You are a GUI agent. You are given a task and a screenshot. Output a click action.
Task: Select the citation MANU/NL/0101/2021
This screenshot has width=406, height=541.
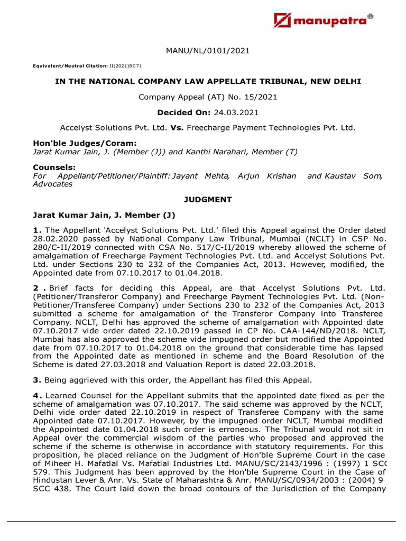click(207, 51)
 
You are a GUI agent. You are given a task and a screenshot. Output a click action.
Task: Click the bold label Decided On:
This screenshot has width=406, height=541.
click(182, 113)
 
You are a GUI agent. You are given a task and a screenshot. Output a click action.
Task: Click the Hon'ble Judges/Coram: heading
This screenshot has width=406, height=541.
click(78, 144)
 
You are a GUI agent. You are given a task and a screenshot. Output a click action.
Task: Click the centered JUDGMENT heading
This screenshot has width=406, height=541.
click(207, 199)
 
